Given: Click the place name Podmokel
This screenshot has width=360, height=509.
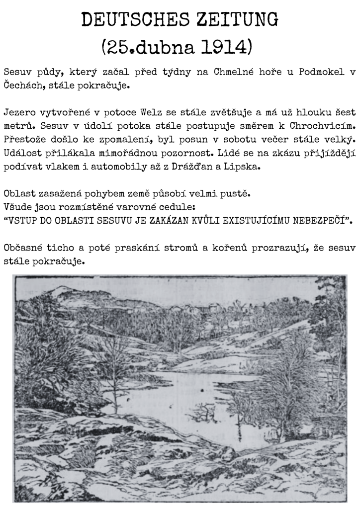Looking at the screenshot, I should [321, 72].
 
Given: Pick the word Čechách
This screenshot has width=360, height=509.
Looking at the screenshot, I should [23, 85].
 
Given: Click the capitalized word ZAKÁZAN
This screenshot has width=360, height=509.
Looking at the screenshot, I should [164, 218].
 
